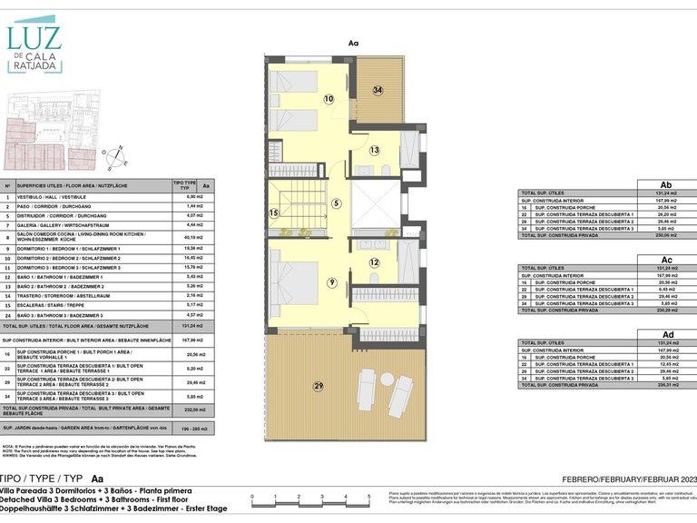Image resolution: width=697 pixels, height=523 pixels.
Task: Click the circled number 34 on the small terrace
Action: point(378,90)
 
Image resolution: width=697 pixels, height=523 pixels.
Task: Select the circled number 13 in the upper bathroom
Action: point(374,150)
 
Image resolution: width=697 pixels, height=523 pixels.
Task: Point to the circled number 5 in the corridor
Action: point(336,204)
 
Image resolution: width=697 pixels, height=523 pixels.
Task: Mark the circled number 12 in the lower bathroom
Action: point(374,262)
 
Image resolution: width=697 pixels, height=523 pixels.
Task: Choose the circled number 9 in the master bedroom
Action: point(333,283)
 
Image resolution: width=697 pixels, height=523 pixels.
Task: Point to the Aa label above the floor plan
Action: point(354,43)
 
